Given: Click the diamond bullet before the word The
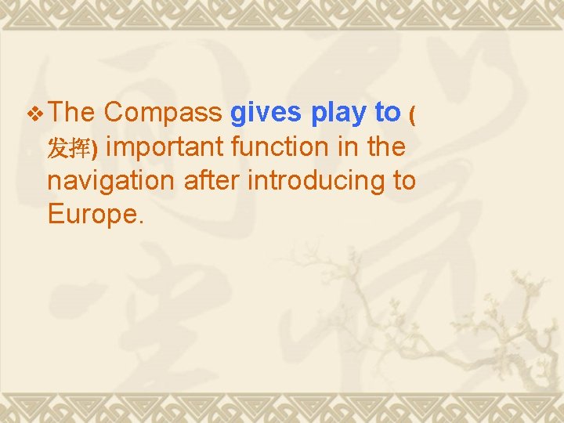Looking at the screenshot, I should point(35,114).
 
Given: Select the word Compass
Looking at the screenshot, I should point(163,113).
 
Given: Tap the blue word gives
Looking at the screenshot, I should point(266,113).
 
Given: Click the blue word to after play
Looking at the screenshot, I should point(387,113).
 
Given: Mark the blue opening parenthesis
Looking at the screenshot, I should point(413,114).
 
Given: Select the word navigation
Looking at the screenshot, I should point(111,180).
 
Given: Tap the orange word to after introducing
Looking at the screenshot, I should point(403,180).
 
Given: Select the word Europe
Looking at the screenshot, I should point(91,215).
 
